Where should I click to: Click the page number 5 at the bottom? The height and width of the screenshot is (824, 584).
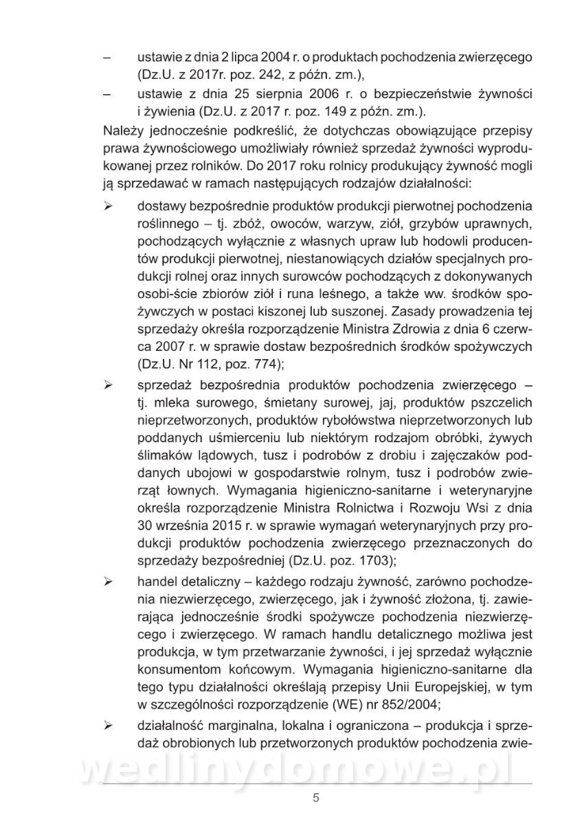[315, 798]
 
